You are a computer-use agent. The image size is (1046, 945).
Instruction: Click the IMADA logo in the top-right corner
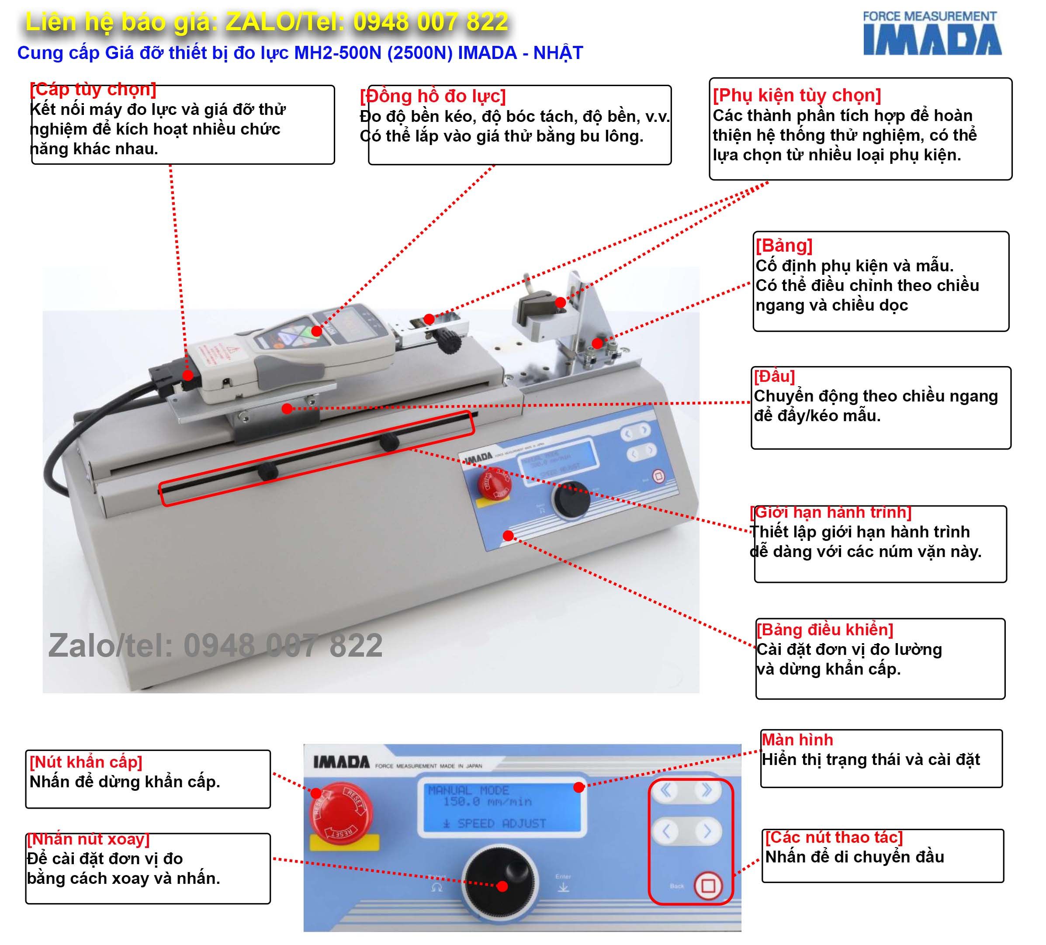click(x=932, y=34)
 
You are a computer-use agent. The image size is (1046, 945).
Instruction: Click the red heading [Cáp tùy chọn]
click(x=94, y=89)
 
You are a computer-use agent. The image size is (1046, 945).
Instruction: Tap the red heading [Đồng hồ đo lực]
click(x=433, y=97)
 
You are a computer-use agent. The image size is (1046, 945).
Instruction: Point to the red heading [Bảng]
click(x=784, y=246)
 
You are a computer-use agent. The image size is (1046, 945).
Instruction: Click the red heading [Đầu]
click(x=774, y=376)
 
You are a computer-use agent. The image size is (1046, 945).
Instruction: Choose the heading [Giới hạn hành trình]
click(x=831, y=512)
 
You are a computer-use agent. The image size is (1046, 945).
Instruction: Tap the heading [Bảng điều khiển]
click(x=825, y=630)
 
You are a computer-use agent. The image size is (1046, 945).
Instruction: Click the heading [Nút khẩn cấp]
click(x=86, y=762)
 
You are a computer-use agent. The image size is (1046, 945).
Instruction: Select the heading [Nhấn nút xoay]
click(x=88, y=839)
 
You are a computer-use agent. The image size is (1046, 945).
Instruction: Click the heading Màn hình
click(x=797, y=740)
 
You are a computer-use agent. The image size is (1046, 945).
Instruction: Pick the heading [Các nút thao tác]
click(x=834, y=837)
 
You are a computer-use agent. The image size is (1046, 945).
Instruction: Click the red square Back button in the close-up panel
click(x=708, y=885)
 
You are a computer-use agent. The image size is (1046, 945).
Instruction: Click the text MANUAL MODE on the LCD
click(x=468, y=790)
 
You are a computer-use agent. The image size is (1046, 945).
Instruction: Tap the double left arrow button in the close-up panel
click(x=666, y=790)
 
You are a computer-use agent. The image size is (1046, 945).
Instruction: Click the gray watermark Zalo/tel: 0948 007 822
click(x=215, y=646)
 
